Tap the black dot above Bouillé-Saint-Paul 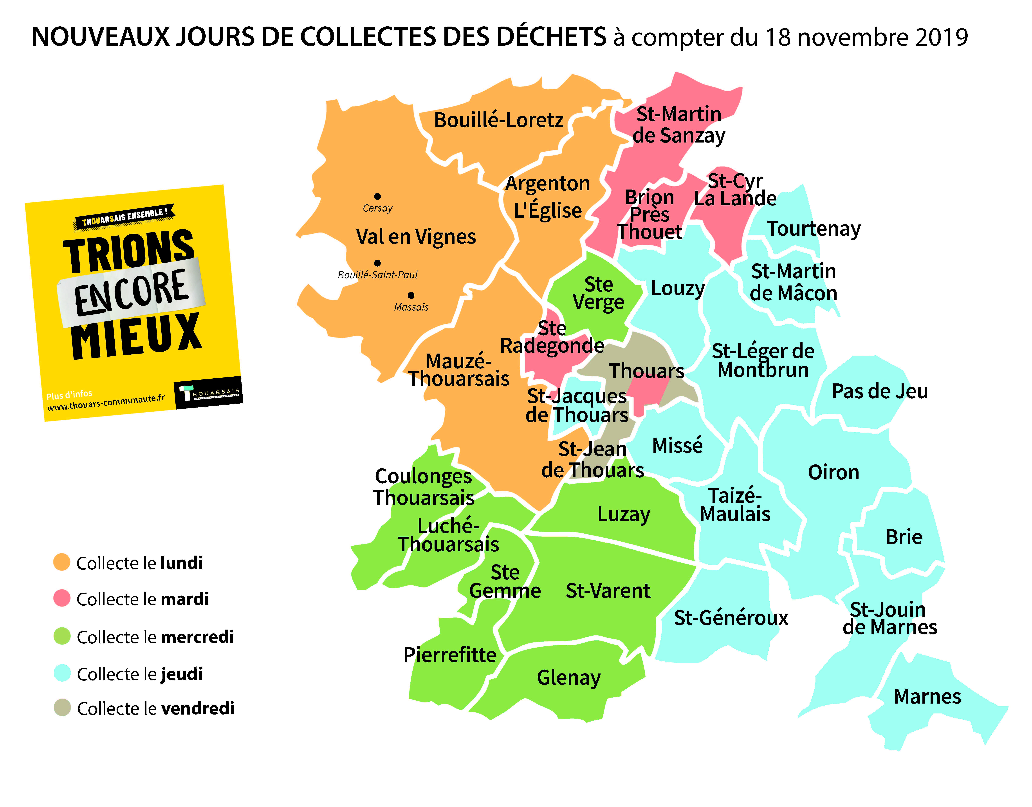(377, 263)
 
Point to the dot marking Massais (411, 295)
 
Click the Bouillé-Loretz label (498, 120)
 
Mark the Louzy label (678, 288)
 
